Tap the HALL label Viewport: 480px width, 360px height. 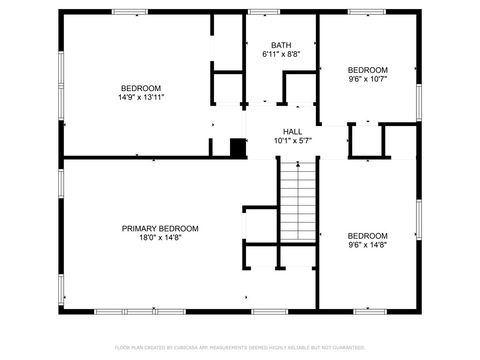point(292,132)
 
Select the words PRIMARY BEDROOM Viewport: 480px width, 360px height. point(160,229)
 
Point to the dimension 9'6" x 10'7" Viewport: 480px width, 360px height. point(367,79)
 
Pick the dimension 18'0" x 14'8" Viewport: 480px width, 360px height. point(160,239)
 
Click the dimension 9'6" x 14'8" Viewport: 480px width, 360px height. point(367,245)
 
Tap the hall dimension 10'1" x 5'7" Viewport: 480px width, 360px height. point(292,142)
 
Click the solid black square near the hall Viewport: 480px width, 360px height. point(238,148)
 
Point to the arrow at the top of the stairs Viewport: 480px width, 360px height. point(297,168)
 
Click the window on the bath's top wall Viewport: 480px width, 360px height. point(264,12)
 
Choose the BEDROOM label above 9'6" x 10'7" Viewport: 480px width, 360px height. point(367,69)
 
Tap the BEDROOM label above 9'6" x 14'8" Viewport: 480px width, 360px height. point(367,235)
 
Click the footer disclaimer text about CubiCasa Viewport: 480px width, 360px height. point(240,347)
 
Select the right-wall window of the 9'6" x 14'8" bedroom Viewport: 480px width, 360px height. point(419,225)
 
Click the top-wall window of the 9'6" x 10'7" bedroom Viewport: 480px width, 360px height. point(366,12)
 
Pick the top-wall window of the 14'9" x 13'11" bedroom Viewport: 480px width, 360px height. point(130,12)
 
